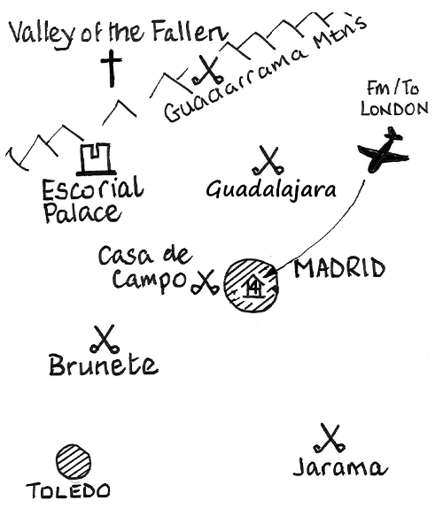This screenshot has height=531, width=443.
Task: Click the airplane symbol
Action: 383,151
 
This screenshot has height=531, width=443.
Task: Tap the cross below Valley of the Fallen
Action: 111,68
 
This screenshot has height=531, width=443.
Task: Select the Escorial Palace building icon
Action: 95,159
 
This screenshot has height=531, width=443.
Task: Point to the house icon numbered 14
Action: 253,289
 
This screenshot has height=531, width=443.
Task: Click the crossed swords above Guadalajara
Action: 268,160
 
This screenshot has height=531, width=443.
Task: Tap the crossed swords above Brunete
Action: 105,339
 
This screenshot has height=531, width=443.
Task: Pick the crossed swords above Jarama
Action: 330,438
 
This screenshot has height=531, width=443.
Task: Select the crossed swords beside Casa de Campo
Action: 205,282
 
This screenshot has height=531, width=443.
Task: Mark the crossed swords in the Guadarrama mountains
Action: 207,70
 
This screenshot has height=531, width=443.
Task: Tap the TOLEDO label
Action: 68,490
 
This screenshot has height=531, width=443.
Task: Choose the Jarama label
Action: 340,468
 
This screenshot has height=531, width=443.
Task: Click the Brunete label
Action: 104,365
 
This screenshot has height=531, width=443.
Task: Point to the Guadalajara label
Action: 271,190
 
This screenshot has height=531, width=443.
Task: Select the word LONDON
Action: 394,109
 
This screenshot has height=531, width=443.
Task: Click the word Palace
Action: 82,213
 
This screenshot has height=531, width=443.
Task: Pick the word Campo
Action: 149,281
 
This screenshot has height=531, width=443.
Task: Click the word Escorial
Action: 93,189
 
